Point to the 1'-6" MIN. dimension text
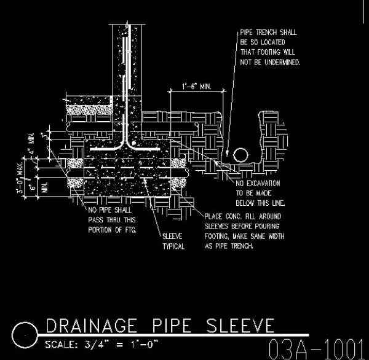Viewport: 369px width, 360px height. click(x=196, y=87)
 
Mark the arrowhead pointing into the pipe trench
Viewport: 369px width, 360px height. click(x=227, y=152)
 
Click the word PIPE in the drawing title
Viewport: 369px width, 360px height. click(x=175, y=325)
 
